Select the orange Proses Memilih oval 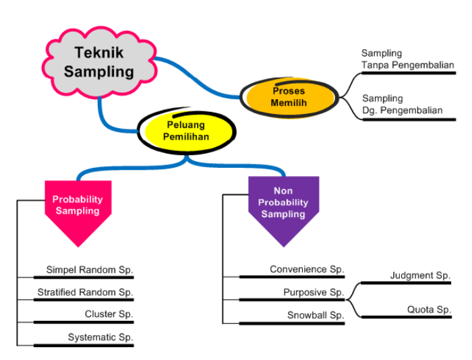289,97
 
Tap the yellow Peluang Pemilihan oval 187,131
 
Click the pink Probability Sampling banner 78,206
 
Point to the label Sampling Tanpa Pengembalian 407,59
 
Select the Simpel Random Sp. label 90,270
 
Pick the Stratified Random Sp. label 85,293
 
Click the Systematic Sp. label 100,337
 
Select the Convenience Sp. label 307,270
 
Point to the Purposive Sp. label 314,293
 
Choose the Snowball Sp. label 316,316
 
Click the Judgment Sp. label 420,276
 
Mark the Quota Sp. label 429,310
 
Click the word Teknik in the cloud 100,53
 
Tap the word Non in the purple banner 283,191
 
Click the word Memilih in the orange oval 289,103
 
